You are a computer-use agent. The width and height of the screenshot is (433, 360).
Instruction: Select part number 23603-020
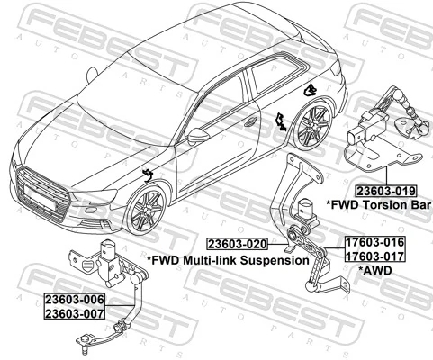coord(238,244)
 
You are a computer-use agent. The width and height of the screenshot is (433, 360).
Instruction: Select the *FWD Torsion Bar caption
coord(378,205)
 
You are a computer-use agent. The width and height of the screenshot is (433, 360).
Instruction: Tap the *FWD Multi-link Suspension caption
coord(227,259)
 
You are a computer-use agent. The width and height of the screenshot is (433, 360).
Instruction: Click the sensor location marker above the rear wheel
coord(311,88)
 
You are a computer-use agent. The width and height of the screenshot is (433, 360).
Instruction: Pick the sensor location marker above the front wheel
coord(147,173)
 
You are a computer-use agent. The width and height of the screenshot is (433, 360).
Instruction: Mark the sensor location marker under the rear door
coord(282,121)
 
